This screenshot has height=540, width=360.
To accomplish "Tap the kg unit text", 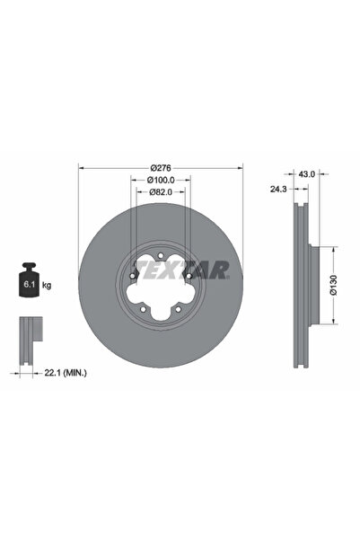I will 46,285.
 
